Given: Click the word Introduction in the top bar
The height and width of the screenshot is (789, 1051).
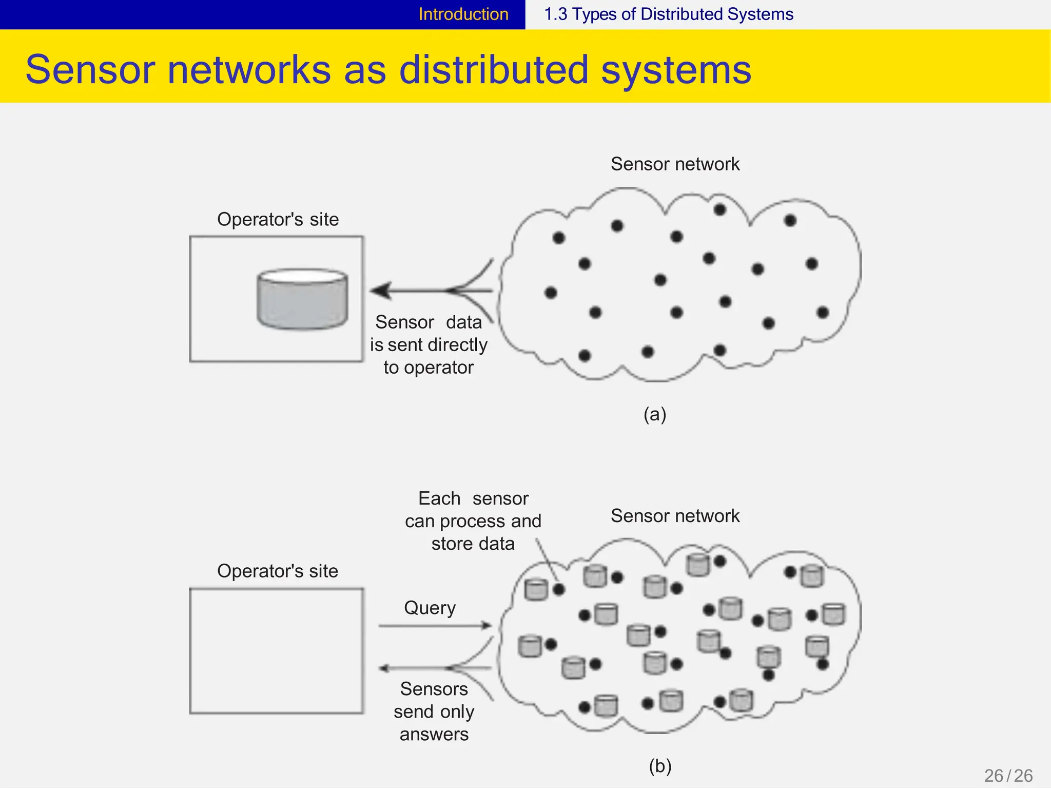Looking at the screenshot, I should point(463,14).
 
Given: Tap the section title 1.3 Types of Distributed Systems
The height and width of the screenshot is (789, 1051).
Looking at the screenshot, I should point(668,14).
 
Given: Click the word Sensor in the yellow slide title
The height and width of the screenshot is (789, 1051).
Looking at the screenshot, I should point(90,70).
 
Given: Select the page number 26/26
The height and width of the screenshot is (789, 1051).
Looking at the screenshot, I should point(1008,775).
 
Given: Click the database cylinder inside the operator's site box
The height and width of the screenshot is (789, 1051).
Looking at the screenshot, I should point(302,299).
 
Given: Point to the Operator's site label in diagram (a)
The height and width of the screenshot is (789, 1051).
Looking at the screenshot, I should point(278,220).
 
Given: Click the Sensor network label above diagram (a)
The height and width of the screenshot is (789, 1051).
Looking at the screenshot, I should point(675,164).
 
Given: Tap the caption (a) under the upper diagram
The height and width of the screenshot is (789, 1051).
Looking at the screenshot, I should point(655,414).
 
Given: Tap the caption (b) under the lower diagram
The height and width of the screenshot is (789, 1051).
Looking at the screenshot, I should point(660,766).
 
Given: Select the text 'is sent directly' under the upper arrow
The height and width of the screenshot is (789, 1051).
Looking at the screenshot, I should point(429,345).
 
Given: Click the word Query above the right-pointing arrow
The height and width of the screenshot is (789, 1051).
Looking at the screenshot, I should point(430,608).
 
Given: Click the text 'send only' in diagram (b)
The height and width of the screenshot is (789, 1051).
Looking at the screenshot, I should point(434,711).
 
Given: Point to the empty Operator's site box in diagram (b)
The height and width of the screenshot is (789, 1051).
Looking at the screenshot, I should point(277,651).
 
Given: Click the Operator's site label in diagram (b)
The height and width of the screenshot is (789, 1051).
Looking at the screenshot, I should point(278,571).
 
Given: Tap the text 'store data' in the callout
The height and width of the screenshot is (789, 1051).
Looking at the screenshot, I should point(473,544).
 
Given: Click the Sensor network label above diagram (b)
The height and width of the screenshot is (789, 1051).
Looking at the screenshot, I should point(675,516).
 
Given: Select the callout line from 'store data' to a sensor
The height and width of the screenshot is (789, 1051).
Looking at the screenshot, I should point(547,561).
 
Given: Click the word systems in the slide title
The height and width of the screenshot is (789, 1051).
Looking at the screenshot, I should point(676,70).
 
